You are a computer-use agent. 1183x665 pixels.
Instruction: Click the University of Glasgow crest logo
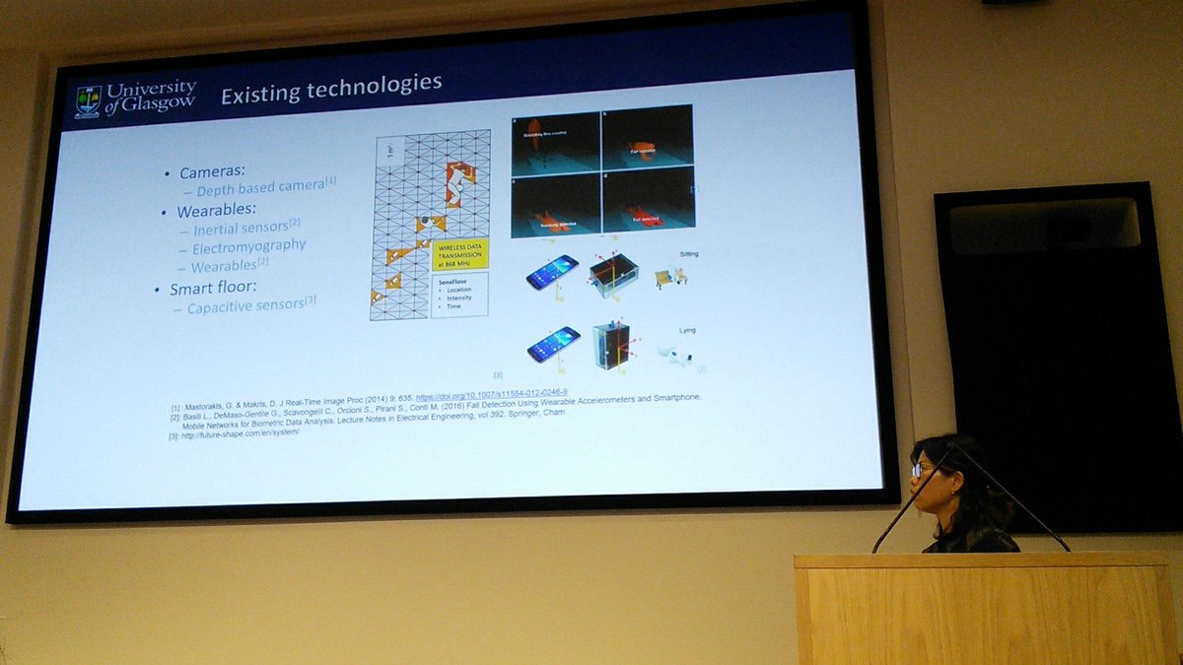[88, 101]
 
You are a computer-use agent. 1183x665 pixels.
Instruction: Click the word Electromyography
[248, 246]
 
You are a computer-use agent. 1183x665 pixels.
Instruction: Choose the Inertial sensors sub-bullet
[237, 229]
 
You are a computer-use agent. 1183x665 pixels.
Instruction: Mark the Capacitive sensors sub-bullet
[246, 305]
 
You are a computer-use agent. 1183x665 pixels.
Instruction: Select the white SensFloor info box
[458, 293]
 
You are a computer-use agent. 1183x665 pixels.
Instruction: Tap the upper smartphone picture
[551, 271]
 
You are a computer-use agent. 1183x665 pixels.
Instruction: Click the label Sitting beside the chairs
[688, 253]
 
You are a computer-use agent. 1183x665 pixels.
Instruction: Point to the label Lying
[687, 330]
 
